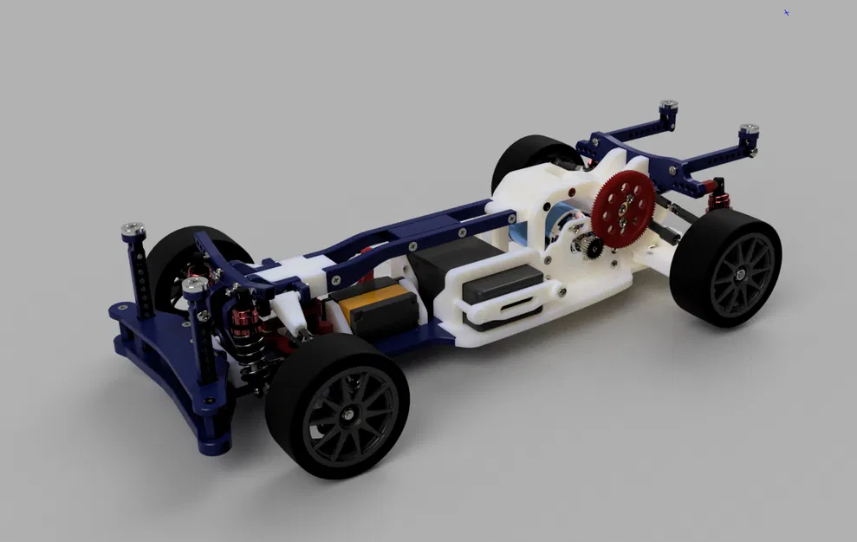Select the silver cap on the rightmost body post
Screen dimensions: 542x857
750,131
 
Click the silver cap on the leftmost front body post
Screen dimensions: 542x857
132,230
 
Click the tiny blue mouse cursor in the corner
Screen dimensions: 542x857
787,13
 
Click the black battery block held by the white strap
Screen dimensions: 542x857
503,282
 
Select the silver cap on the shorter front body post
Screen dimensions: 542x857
195,284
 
